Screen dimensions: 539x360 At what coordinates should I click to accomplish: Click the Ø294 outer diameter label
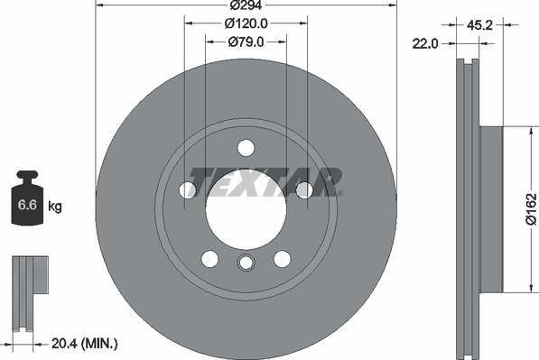coord(246,5)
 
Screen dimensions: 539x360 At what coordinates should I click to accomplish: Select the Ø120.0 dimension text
coord(246,23)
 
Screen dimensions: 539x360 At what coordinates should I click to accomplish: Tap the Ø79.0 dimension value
coord(246,42)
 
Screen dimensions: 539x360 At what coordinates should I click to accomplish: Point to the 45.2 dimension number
coord(479,25)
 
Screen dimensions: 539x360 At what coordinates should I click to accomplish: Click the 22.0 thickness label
coord(425,44)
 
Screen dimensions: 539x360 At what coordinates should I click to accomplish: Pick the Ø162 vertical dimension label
coord(531,209)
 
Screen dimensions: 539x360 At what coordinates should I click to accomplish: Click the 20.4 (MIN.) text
coord(85,343)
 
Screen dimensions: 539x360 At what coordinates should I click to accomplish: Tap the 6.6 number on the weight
coord(27,205)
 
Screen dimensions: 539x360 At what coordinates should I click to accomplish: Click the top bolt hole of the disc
coord(246,148)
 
